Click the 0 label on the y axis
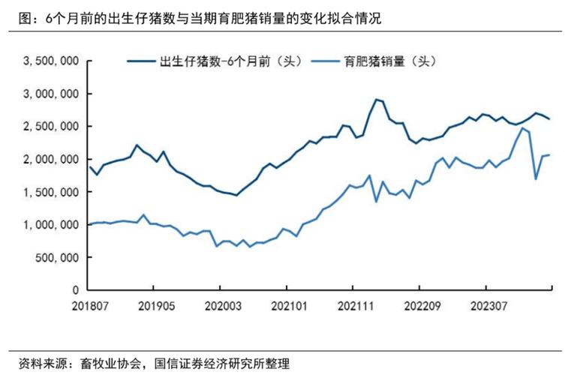(x=77, y=289)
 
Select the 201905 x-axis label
(x=153, y=306)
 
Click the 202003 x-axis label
(x=219, y=306)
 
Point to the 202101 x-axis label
(x=286, y=306)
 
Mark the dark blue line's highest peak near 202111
(x=375, y=99)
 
